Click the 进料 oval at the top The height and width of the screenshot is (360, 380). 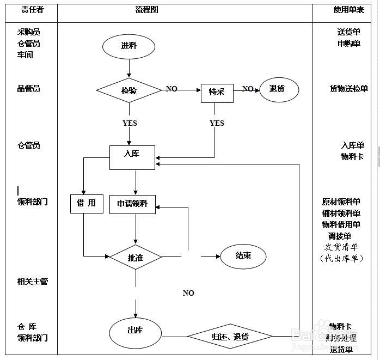[129, 46]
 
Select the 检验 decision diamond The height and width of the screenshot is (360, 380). [129, 90]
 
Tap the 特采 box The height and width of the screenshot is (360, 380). [217, 93]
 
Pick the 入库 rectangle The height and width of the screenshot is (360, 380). [132, 154]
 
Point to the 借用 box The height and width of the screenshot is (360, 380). [86, 204]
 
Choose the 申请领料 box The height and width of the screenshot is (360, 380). [132, 204]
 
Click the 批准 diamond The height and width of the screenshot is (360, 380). [136, 257]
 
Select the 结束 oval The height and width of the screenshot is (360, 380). [243, 255]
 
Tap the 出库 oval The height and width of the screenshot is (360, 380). [135, 331]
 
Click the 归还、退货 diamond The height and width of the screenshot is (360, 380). [230, 337]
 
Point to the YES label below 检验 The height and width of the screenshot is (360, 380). [130, 123]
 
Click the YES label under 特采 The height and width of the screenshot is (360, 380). [217, 123]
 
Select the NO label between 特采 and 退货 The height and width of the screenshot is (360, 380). [248, 89]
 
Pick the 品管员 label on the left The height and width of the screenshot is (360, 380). [29, 89]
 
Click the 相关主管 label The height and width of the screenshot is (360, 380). [33, 281]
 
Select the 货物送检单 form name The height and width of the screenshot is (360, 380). [348, 89]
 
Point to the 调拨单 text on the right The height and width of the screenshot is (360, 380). [340, 236]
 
